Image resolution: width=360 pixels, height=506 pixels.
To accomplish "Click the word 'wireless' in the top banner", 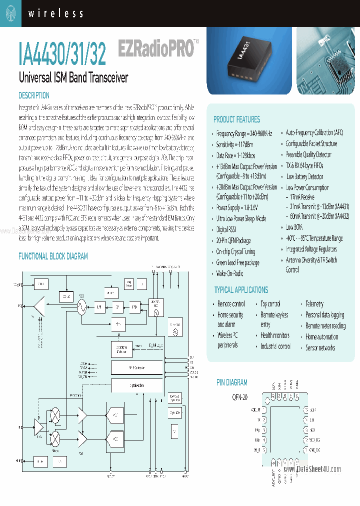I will click(x=55, y=13).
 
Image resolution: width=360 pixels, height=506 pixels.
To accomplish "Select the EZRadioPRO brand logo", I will click(x=155, y=49).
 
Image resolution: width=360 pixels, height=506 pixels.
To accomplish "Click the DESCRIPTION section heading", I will click(x=34, y=95).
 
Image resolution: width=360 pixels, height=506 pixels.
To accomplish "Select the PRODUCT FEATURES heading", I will click(x=236, y=119).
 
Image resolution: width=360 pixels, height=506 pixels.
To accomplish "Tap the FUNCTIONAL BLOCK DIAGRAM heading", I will click(x=53, y=256).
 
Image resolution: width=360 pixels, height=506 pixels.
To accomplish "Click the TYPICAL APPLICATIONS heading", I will click(x=241, y=290).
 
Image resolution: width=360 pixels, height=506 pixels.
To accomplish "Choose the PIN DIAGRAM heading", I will click(x=231, y=382).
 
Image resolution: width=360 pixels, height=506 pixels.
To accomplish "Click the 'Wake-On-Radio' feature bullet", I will click(x=229, y=273).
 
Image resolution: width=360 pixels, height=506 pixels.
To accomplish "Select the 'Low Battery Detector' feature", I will click(x=304, y=176).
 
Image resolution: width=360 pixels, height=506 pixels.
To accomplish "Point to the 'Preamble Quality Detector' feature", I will click(x=308, y=155).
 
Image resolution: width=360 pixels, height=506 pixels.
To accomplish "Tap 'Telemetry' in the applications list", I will click(x=314, y=303).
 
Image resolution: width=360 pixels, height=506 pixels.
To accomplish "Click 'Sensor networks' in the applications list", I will click(x=320, y=347).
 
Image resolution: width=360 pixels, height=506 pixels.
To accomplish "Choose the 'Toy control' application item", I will click(x=270, y=303).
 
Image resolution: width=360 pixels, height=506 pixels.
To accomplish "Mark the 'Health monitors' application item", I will click(x=274, y=335).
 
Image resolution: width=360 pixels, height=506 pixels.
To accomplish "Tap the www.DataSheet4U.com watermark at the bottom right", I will click(x=312, y=469).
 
